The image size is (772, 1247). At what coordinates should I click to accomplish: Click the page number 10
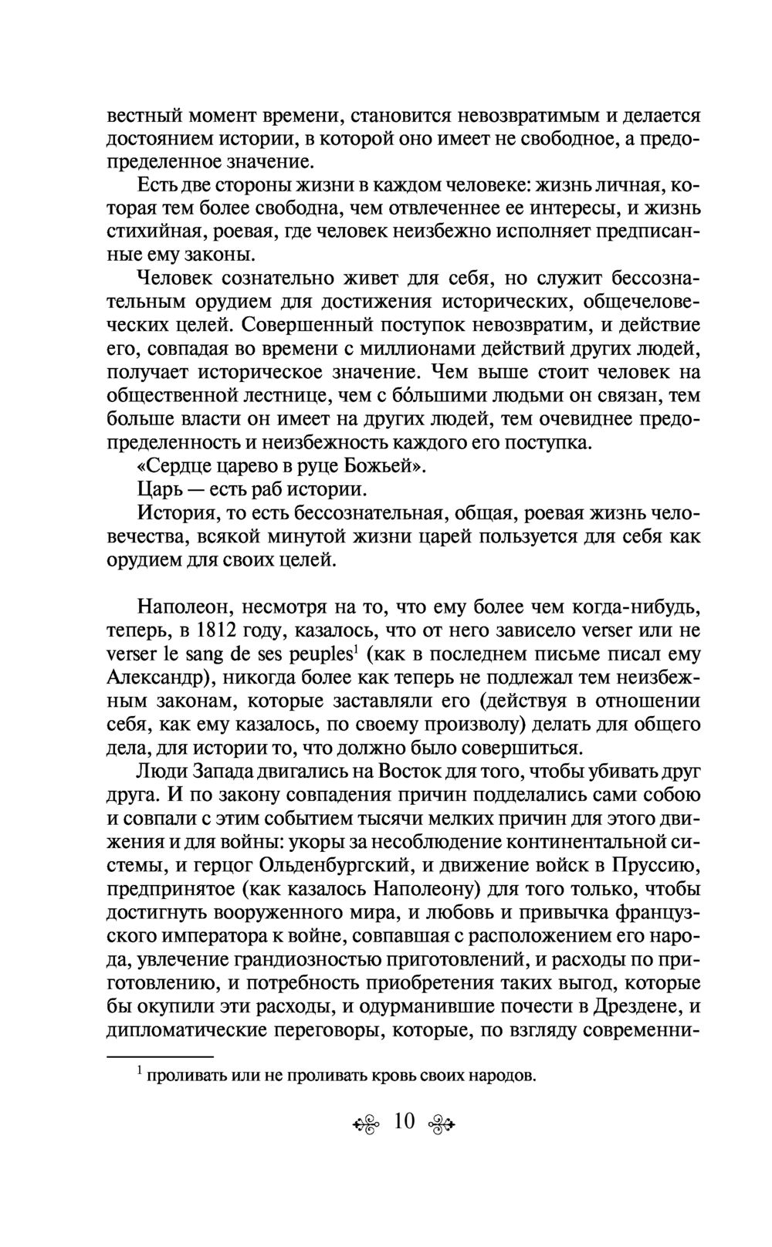(x=404, y=1121)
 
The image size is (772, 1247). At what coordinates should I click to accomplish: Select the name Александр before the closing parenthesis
(x=161, y=678)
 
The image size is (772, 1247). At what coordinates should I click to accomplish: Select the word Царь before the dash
(x=162, y=491)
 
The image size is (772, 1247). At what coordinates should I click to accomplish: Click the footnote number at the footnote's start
(x=139, y=1070)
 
